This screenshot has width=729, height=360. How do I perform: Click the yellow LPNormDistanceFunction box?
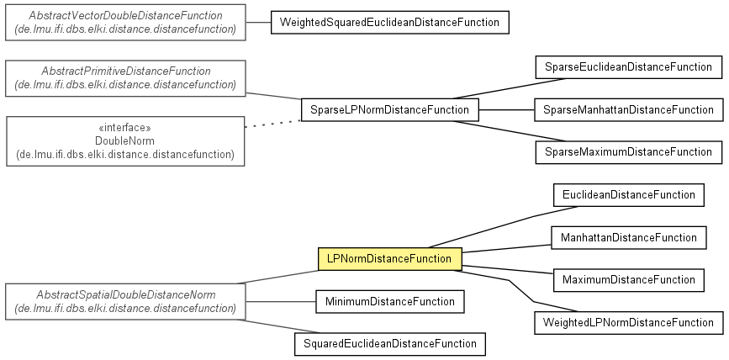[x=389, y=258]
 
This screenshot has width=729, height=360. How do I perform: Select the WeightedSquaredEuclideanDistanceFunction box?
[x=389, y=23]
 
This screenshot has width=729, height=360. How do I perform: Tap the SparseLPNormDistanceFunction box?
[x=389, y=110]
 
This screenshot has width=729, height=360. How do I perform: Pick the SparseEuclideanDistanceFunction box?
[x=629, y=67]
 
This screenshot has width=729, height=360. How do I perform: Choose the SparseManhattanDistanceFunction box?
[x=629, y=110]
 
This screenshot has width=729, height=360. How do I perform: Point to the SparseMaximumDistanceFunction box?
[x=629, y=152]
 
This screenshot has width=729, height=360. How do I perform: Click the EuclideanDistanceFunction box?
[x=629, y=195]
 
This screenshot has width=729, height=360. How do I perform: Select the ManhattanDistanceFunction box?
[x=629, y=238]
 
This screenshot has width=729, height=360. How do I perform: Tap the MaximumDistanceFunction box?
[x=629, y=280]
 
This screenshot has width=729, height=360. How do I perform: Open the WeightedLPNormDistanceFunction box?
[x=629, y=323]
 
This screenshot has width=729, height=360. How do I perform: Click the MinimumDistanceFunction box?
[x=389, y=301]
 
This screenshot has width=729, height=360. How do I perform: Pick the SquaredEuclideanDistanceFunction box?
[x=389, y=344]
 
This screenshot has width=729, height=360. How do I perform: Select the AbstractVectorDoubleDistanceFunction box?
[x=125, y=23]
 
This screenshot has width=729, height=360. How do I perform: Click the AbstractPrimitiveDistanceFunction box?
[x=125, y=78]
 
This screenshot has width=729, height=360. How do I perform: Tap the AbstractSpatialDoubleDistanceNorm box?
[x=125, y=302]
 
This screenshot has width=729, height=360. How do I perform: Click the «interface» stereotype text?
[x=125, y=128]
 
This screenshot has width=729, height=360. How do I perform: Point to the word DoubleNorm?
[x=125, y=141]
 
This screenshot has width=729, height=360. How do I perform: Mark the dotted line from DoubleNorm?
[x=273, y=124]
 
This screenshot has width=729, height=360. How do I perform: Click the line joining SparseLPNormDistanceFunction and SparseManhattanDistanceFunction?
[x=506, y=110]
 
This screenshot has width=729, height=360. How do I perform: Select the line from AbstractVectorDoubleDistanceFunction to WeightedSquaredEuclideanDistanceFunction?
[x=258, y=23]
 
